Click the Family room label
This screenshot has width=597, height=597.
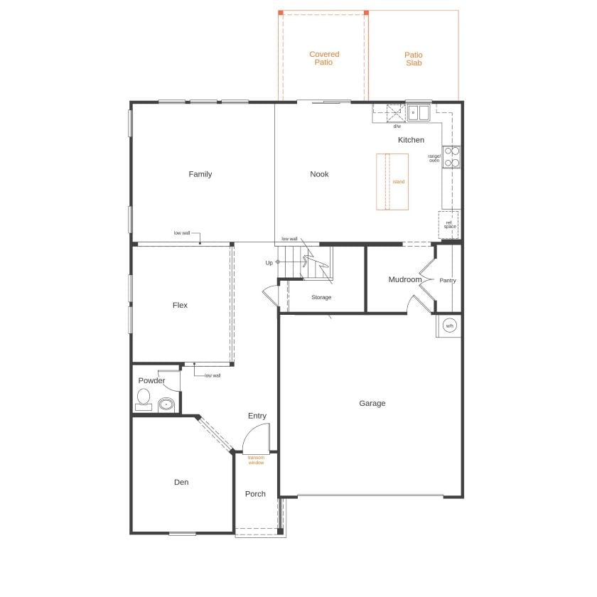tap(200, 174)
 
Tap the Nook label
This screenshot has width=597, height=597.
tap(319, 174)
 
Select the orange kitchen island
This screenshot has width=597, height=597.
tap(392, 182)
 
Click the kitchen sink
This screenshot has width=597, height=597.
tap(419, 112)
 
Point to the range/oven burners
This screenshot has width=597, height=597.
tap(452, 156)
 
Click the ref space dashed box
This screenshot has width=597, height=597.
tap(449, 225)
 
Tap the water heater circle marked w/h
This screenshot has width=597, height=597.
tap(449, 326)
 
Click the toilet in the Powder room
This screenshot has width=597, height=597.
tap(144, 399)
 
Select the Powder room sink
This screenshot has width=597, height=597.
tap(166, 404)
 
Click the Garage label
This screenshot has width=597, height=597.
tap(372, 403)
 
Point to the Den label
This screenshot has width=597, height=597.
tap(181, 483)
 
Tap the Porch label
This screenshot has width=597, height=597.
tap(255, 494)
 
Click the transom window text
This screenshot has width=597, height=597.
tap(256, 460)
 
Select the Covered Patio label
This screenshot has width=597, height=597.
tap(324, 58)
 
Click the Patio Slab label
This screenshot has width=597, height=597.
tap(414, 58)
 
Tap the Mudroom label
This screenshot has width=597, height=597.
tap(405, 279)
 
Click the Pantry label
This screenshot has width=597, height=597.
tap(448, 280)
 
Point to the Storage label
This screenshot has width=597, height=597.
tap(321, 297)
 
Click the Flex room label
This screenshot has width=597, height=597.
tap(180, 305)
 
